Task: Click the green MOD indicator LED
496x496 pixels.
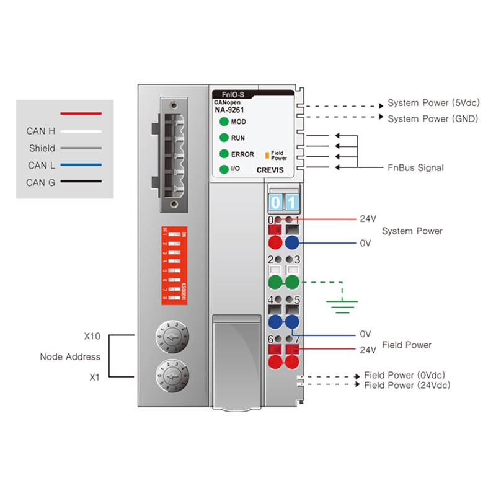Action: pos(223,122)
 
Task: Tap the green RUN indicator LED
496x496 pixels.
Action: pos(223,138)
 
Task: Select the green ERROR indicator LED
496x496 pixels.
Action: pos(223,154)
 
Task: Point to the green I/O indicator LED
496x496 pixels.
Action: pos(223,169)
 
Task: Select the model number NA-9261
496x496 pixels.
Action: pos(229,109)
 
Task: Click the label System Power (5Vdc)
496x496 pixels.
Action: pos(433,103)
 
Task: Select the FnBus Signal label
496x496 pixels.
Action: pos(415,168)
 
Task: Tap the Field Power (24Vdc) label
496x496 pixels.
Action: pos(407,386)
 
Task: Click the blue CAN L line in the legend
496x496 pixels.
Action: pos(81,166)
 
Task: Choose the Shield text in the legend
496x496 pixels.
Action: pos(42,149)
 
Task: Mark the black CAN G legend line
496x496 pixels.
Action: pos(81,182)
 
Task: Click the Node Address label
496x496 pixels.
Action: pos(70,356)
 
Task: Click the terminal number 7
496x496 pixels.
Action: pos(297,339)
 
